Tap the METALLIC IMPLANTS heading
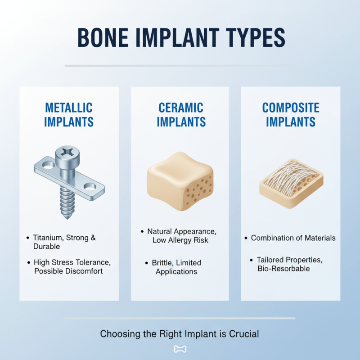tap(69, 115)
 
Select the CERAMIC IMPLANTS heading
tap(181, 115)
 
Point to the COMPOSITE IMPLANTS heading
tap(291, 115)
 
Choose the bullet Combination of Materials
tap(293, 238)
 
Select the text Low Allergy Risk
tap(180, 240)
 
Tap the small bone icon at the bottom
tap(180, 349)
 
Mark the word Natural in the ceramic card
tap(162, 231)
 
